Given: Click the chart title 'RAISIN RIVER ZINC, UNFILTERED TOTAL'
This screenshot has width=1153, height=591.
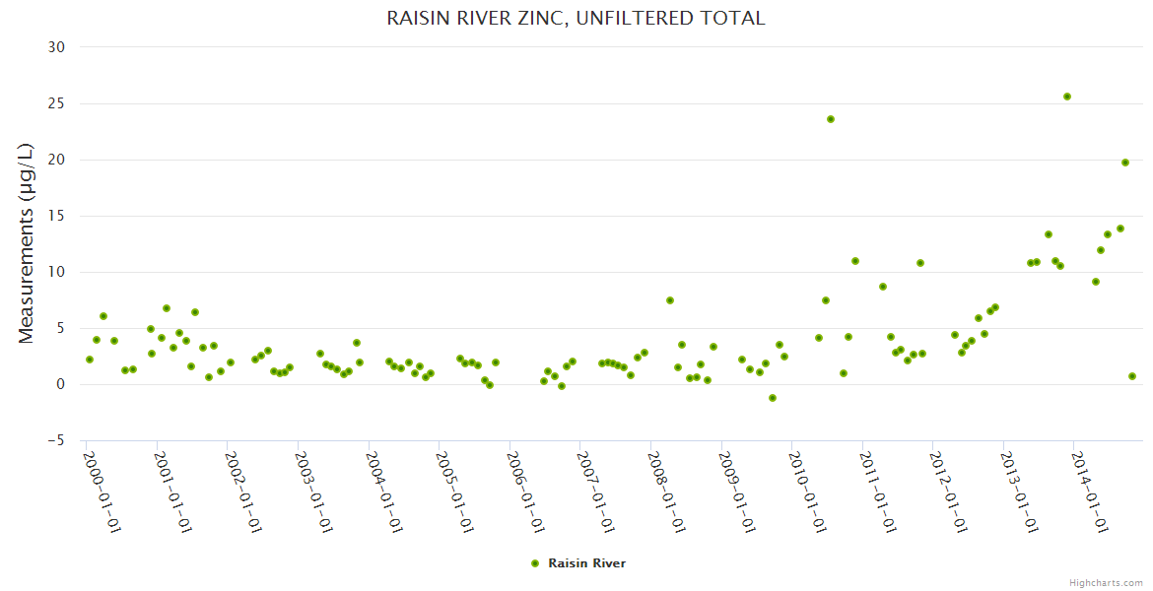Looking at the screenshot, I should click(x=576, y=19).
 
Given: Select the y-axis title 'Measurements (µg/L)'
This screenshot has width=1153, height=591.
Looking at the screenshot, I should click(x=27, y=243).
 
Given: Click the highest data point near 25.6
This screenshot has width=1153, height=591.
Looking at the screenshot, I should click(x=1067, y=97).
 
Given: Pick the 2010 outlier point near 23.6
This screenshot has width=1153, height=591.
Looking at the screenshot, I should click(x=831, y=119).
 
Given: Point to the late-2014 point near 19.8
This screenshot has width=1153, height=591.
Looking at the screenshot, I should click(x=1125, y=163).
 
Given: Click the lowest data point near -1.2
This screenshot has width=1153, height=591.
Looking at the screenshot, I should click(x=773, y=398).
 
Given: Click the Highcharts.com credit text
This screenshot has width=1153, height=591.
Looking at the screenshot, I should click(x=1106, y=582).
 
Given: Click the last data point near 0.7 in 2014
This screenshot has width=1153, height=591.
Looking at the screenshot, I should click(x=1132, y=376).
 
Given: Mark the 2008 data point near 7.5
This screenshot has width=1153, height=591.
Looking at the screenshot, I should click(x=670, y=300).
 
